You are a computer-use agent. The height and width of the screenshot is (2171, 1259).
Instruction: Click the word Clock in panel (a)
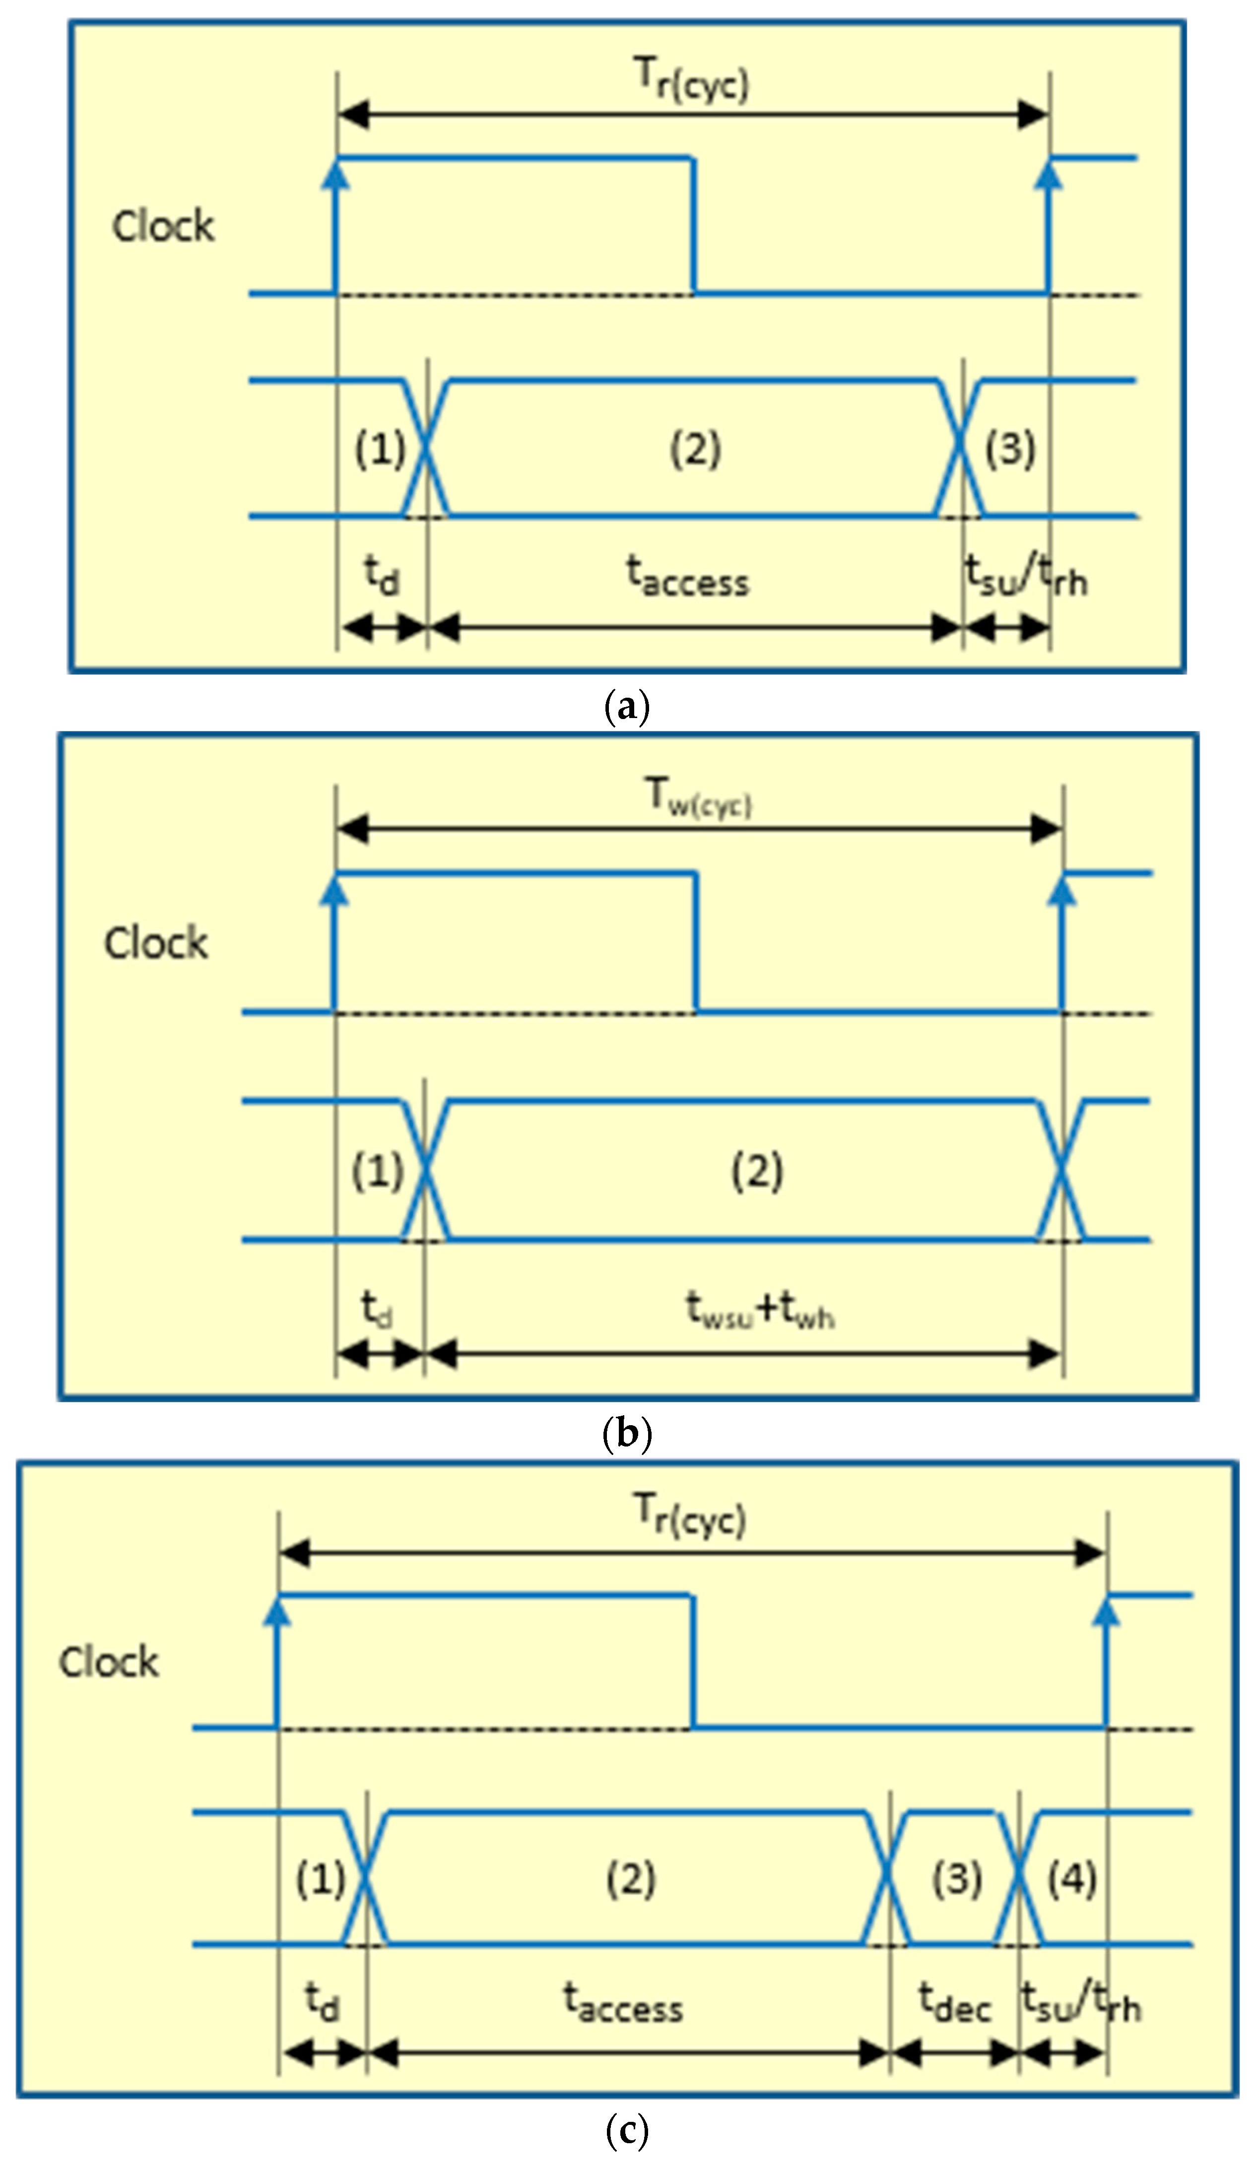point(163,227)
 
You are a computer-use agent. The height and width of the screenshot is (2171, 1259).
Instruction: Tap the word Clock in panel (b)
point(156,943)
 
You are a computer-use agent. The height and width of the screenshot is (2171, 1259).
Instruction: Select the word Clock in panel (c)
point(109,1662)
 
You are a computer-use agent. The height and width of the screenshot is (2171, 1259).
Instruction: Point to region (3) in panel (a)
point(1010,448)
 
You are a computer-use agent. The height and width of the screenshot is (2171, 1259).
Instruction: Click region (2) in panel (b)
point(757,1171)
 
